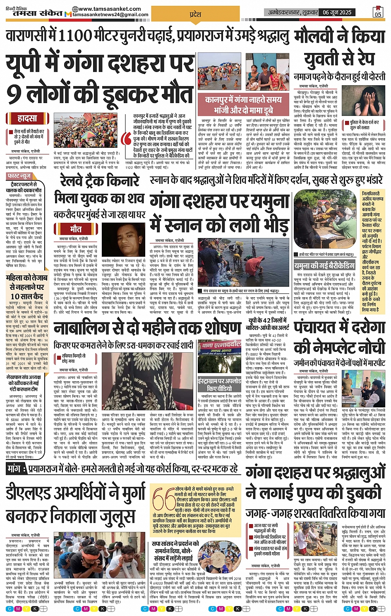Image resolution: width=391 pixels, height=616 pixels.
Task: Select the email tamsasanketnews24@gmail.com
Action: point(110,15)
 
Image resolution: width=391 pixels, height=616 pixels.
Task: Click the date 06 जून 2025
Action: point(337,12)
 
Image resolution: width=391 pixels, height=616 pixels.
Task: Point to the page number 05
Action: point(378,13)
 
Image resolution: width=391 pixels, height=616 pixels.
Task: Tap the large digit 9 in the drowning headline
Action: point(14,94)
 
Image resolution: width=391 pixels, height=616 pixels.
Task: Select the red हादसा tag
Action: point(27,118)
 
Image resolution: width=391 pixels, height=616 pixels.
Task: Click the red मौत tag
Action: point(76,229)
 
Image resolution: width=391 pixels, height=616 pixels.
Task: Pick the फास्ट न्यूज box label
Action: point(19,176)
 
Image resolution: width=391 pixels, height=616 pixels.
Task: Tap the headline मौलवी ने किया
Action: point(339,37)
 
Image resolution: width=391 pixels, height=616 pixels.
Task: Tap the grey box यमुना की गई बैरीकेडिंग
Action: point(324,266)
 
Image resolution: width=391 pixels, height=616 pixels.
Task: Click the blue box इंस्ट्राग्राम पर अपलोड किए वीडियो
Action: point(219,384)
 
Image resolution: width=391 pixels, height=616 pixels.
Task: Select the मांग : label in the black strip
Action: point(17,469)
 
